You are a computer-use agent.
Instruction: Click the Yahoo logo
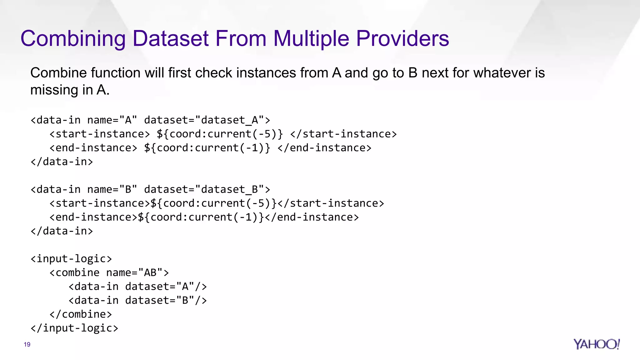coord(596,344)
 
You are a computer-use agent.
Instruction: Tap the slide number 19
coord(27,344)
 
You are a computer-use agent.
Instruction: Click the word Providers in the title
coord(402,38)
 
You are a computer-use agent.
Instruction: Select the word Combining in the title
coord(73,38)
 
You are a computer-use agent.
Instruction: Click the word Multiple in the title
coord(311,38)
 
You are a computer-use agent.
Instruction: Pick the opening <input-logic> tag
coord(71,259)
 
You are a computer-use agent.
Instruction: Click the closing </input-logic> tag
coord(74,328)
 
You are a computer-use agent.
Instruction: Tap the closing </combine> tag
coord(80,314)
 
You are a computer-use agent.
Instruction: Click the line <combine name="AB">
coord(109,273)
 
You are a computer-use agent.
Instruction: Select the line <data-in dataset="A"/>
coord(137,287)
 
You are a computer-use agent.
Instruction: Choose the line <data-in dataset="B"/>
coord(137,300)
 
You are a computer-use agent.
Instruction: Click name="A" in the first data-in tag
coord(112,120)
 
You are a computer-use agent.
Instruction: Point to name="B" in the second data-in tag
coord(112,190)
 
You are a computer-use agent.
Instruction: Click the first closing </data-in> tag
coord(62,162)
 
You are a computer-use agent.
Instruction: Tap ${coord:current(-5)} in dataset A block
coord(220,134)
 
